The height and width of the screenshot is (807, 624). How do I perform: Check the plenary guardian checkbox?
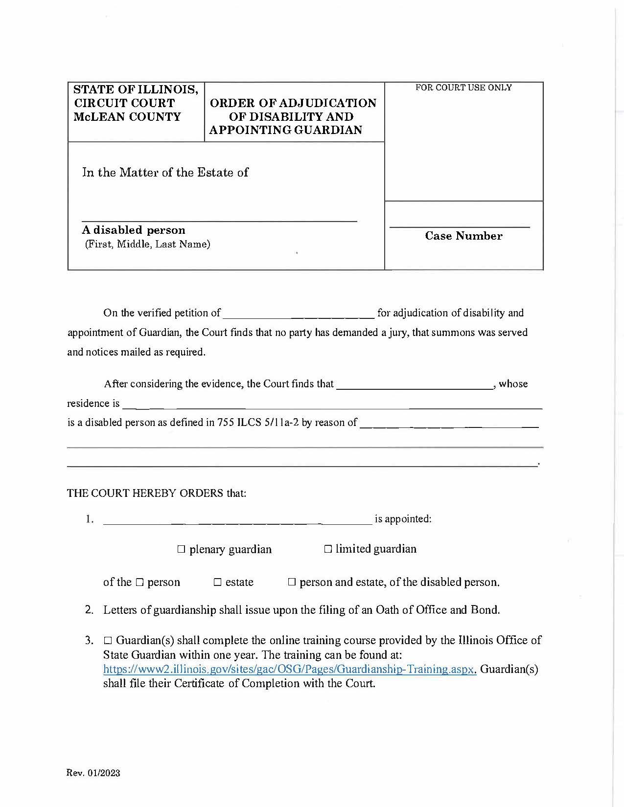[181, 550]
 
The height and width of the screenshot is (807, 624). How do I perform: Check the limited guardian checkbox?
[327, 549]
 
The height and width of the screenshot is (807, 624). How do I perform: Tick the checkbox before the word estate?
[218, 583]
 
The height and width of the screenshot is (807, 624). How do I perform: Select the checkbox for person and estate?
[292, 583]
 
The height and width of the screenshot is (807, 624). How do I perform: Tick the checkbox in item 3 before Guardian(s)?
[108, 641]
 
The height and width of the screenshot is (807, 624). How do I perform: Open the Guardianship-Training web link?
[289, 669]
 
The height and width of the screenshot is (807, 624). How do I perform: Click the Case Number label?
[463, 236]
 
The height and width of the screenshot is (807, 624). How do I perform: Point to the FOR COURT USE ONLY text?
[463, 88]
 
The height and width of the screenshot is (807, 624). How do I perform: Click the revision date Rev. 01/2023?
[93, 773]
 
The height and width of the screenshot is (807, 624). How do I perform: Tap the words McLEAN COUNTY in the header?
[127, 117]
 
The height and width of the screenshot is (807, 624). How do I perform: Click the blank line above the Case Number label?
[459, 226]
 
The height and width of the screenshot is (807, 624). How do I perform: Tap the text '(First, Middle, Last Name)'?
[147, 244]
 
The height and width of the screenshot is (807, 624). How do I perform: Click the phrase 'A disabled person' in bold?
[133, 230]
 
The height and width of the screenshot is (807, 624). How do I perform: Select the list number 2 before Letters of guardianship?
[89, 610]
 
